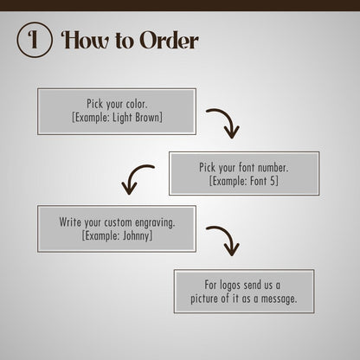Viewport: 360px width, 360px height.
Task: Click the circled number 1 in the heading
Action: point(35,40)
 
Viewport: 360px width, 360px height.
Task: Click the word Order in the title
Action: point(170,40)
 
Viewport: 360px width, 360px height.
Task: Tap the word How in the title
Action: point(86,40)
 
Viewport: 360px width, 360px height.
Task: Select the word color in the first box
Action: point(137,104)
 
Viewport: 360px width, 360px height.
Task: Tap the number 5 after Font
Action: point(273,181)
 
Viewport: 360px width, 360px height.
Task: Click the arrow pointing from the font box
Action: point(135,177)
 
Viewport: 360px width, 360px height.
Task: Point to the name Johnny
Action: point(136,236)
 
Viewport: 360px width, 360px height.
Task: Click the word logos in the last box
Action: point(230,286)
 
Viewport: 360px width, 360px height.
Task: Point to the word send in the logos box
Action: point(253,285)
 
